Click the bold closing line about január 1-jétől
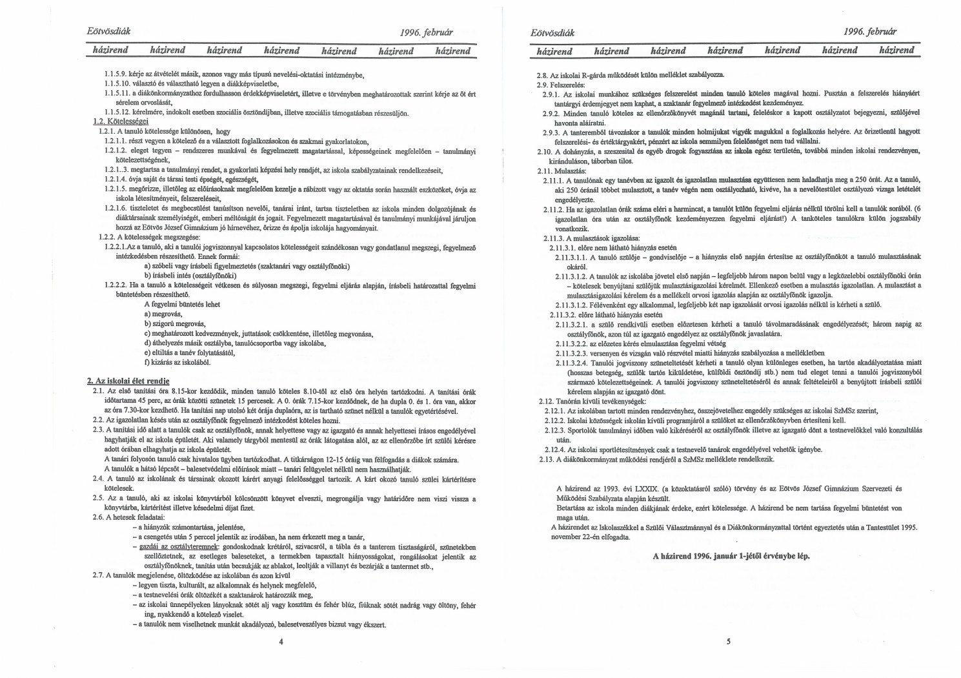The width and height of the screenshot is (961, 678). click(731, 555)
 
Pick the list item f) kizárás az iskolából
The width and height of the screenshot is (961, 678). click(177, 362)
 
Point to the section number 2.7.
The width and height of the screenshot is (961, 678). click(98, 575)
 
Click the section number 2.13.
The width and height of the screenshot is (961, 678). click(546, 459)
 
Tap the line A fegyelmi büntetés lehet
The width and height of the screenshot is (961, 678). click(182, 304)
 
